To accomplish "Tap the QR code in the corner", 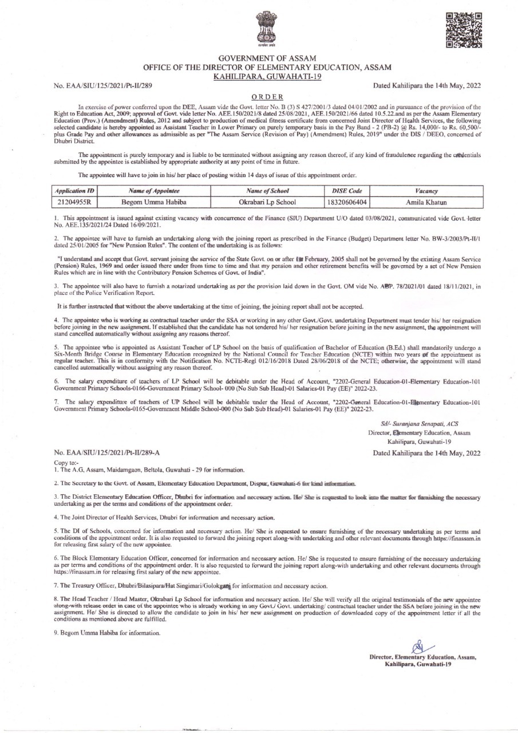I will coord(463,28).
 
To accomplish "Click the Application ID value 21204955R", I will coord(76,203).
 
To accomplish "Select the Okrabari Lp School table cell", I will coord(267,203).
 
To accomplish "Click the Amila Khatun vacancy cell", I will coord(426,203).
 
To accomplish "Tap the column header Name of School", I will coord(267,191).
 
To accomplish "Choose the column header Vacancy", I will coord(426,191).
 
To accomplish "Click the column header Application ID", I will coord(76,191).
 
